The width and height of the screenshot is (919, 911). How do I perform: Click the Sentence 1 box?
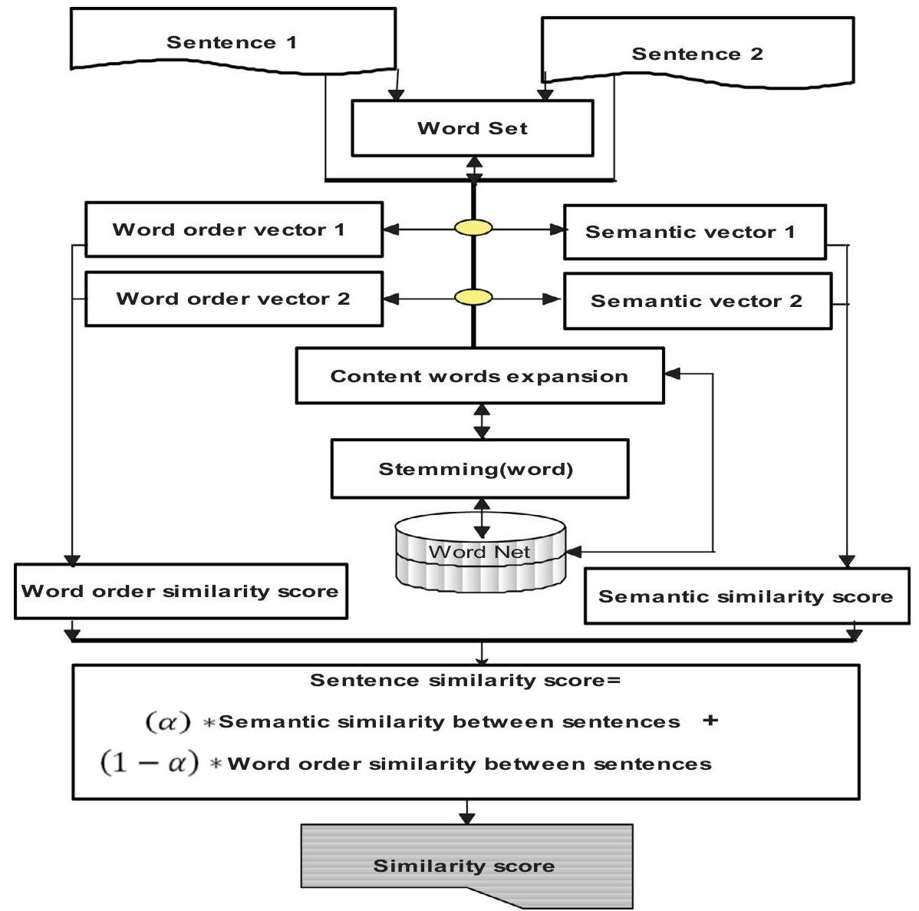pos(232,41)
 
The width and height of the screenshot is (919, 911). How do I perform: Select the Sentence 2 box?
pos(697,53)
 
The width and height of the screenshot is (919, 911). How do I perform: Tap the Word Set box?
pos(472,128)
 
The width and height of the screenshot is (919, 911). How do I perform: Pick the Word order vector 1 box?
pos(233,229)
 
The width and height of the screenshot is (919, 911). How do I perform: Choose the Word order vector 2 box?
pos(233,299)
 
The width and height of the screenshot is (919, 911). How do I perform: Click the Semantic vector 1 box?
pos(694,232)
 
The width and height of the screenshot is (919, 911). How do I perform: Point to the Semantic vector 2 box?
pos(697,301)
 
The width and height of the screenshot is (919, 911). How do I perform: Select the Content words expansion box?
pos(479,376)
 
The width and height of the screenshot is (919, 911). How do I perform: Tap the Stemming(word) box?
pos(479,469)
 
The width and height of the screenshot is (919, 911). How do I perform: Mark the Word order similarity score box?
pos(180,591)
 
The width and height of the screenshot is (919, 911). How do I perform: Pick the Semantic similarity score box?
pos(746,596)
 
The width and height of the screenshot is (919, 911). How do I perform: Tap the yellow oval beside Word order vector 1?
pos(473,228)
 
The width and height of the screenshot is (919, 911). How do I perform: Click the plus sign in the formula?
pos(710,721)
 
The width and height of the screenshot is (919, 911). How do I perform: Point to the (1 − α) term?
pos(150,764)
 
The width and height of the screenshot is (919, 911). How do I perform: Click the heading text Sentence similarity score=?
pos(465,680)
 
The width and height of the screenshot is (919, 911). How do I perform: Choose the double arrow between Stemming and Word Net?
pos(482,518)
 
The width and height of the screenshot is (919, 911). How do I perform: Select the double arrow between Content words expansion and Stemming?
pos(482,421)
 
